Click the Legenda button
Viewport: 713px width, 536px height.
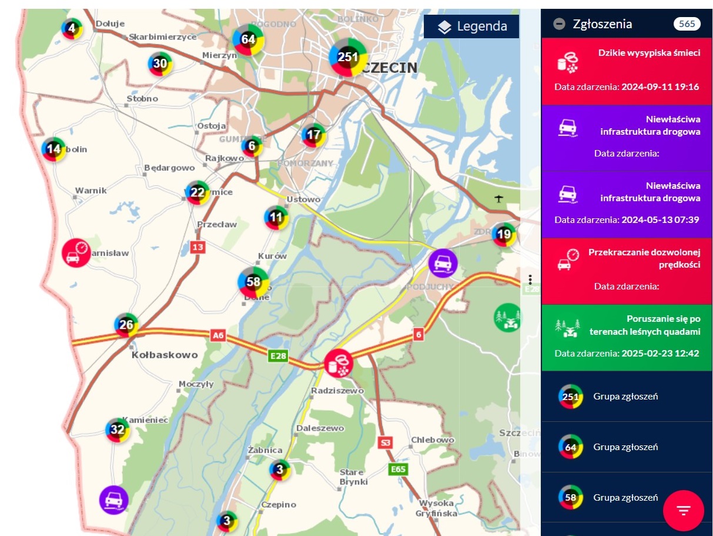[471, 26]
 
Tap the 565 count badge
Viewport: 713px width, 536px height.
[686, 24]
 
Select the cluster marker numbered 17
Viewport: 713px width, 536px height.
[314, 135]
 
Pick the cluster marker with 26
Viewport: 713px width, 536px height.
[126, 324]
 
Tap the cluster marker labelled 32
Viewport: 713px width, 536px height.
[118, 429]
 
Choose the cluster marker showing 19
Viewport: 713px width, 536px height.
[504, 235]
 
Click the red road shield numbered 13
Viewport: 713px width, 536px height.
[198, 247]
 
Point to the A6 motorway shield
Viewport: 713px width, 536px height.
[218, 335]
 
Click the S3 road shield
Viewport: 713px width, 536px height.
[386, 442]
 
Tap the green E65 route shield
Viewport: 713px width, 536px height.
[398, 469]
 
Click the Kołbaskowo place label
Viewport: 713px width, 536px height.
[165, 355]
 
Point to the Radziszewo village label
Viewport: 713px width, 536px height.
[337, 390]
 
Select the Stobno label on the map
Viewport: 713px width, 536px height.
[143, 99]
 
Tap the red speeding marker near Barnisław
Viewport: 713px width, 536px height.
[76, 253]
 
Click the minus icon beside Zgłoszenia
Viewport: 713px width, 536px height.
[560, 24]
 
